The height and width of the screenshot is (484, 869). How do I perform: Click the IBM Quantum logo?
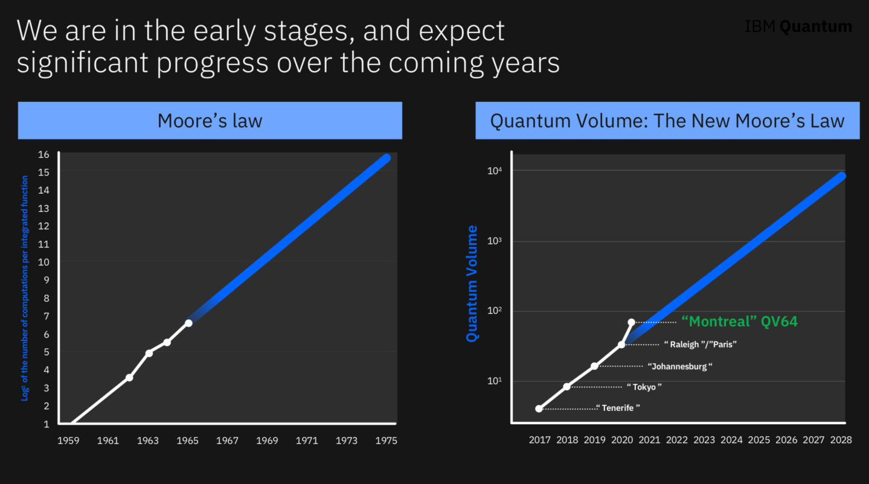(798, 27)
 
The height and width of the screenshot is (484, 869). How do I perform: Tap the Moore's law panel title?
(210, 121)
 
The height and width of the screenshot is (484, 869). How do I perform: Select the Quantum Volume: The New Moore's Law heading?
(667, 121)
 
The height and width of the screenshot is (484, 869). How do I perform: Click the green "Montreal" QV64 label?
(739, 322)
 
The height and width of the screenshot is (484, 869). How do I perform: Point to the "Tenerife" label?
(618, 408)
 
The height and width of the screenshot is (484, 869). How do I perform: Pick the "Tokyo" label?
(644, 387)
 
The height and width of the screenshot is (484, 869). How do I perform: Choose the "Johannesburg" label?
(680, 366)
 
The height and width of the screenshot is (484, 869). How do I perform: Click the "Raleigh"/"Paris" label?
(701, 345)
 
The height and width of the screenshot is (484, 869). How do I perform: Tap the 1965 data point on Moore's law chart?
(188, 323)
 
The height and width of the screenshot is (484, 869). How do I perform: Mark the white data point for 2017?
(539, 409)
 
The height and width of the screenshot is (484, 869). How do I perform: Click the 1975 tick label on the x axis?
(386, 441)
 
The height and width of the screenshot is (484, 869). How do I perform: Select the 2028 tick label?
(841, 440)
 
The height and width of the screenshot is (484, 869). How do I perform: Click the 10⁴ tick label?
(495, 171)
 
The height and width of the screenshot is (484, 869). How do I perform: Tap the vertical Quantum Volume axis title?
(472, 284)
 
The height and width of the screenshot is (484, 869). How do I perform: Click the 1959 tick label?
(68, 441)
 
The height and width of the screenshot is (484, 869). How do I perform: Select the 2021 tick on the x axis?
(649, 440)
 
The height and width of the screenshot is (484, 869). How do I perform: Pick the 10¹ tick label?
(495, 381)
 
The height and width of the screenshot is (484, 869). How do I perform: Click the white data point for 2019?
(594, 366)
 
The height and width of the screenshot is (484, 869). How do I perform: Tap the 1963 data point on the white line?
(149, 353)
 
